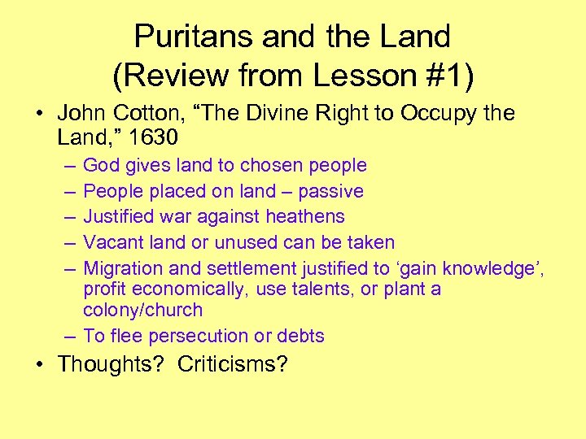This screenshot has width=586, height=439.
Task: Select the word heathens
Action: click(306, 216)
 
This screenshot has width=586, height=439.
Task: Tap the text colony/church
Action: click(142, 310)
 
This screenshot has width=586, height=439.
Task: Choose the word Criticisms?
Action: click(233, 363)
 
